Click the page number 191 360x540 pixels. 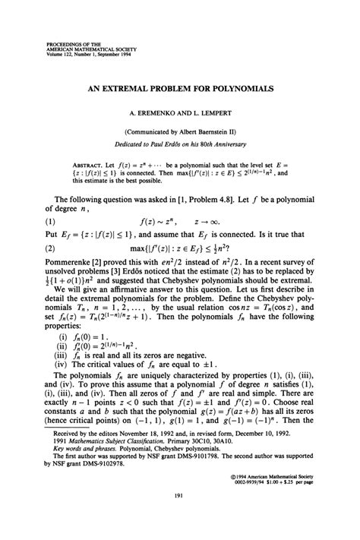(180, 514)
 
